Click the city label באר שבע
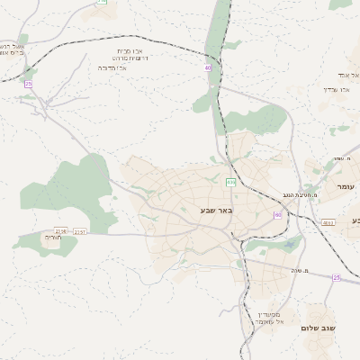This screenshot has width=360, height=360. pos(217,211)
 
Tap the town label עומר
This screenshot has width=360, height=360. pos(346,186)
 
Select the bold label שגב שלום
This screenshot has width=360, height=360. pos(319,328)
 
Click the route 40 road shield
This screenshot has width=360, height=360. pos(208,67)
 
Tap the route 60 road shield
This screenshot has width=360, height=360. pos(278,215)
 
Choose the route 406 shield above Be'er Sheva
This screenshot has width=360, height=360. pos(231,182)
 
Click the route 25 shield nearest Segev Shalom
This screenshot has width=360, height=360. pos(337,278)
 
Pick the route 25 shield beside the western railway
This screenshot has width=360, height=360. pos(29,84)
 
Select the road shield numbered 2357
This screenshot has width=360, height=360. pos(81,232)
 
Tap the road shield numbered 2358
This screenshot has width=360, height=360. pos(61,230)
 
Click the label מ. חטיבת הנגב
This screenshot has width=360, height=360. pos(295,194)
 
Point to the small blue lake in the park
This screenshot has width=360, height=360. pos(288,244)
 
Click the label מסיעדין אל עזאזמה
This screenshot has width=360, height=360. pos(268,317)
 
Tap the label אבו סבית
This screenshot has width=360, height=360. pos(130,51)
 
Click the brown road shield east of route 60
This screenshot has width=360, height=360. pos(328,222)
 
